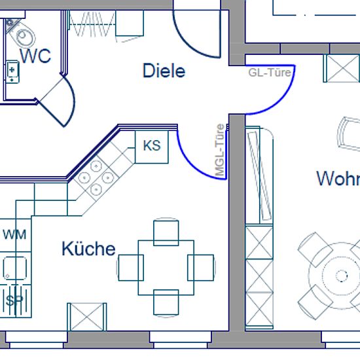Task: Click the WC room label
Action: (35, 56)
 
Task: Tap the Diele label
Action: (164, 71)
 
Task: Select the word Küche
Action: (88, 249)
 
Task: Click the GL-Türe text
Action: (270, 73)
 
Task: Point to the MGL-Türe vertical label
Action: (220, 151)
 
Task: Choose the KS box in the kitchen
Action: (152, 147)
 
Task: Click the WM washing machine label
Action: (14, 234)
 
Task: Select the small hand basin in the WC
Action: (12, 71)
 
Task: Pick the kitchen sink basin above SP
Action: (15, 268)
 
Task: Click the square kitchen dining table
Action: (166, 268)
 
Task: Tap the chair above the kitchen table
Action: (166, 232)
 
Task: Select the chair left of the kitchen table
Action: (130, 268)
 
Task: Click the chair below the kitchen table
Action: (166, 303)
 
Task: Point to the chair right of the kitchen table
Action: (202, 268)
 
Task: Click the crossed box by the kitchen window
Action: (87, 317)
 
